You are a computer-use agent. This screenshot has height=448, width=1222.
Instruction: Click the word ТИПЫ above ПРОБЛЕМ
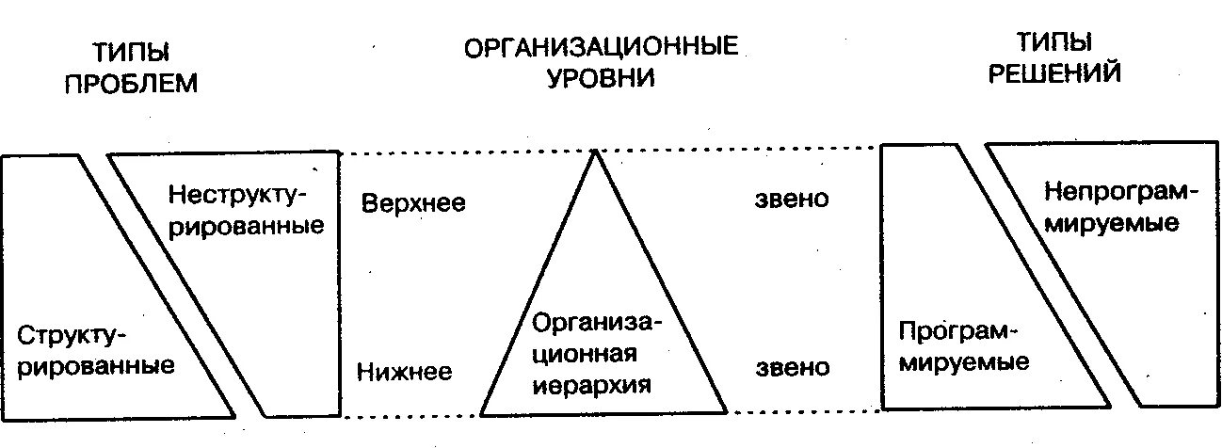coord(130,51)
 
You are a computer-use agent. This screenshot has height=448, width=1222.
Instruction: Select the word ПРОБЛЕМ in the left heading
coord(130,83)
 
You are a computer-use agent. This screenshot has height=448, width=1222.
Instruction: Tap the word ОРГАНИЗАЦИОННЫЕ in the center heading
coord(601,46)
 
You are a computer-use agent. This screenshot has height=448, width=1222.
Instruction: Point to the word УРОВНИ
coord(601,77)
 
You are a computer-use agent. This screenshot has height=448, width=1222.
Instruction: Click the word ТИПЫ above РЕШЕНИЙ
coord(1053,42)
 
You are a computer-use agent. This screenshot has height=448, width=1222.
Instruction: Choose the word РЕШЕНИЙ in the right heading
coord(1053,73)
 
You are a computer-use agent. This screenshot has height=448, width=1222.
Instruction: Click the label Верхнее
coord(413,203)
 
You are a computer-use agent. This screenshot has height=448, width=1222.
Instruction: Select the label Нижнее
coord(405,371)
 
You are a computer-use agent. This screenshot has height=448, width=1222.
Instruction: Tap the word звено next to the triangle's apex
coord(792,200)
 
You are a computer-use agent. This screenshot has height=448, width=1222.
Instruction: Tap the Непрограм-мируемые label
coord(1117,208)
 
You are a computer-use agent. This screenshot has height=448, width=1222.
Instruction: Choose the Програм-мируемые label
coord(959,346)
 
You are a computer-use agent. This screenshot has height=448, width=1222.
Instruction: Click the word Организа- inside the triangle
coord(597,323)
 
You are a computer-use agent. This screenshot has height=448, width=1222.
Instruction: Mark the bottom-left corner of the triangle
coord(481,414)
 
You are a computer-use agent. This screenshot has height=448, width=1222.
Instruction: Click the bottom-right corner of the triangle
coord(728,413)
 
